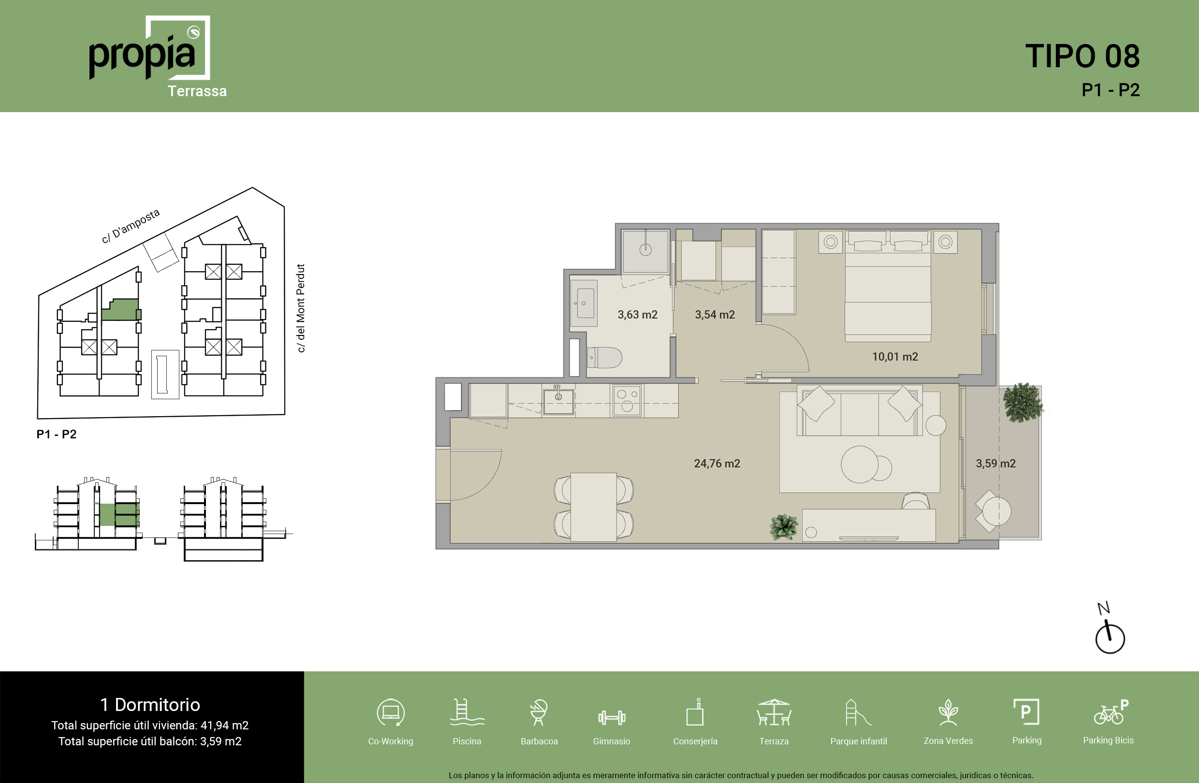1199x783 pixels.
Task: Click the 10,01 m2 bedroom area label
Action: tap(895, 357)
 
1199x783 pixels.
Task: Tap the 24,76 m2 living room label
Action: tap(717, 464)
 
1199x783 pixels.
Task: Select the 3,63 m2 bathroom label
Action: tap(637, 315)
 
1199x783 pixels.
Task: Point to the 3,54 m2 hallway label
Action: tap(715, 315)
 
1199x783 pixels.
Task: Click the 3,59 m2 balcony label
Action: tap(995, 464)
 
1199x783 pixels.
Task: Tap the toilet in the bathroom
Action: tap(604, 358)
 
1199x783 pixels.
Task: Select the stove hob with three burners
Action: tap(627, 400)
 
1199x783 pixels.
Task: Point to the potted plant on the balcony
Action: tap(1022, 402)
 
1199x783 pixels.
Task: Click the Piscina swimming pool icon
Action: tap(467, 712)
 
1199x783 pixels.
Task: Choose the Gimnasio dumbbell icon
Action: tap(612, 717)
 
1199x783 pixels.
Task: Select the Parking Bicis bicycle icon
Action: tap(1111, 712)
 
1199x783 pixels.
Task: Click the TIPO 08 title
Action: tap(1082, 56)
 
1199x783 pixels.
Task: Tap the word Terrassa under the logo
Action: tap(197, 91)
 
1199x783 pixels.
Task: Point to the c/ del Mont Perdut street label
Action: tap(301, 308)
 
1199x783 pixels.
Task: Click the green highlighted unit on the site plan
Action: tap(120, 310)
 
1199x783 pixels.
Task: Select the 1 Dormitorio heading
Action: tap(150, 704)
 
